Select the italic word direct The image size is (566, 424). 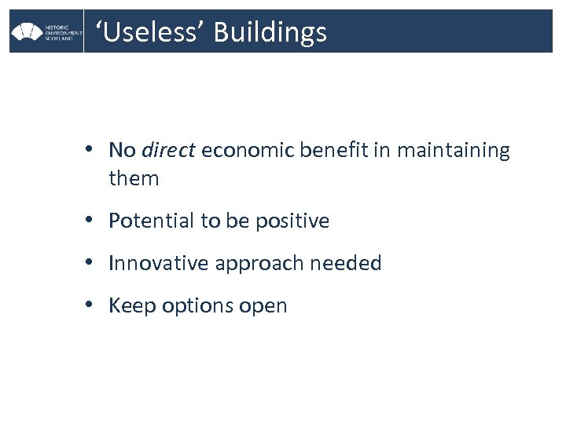pos(167,150)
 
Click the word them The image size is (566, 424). pos(134,178)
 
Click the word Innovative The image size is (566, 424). pos(154,264)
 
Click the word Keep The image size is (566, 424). pos(131,306)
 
